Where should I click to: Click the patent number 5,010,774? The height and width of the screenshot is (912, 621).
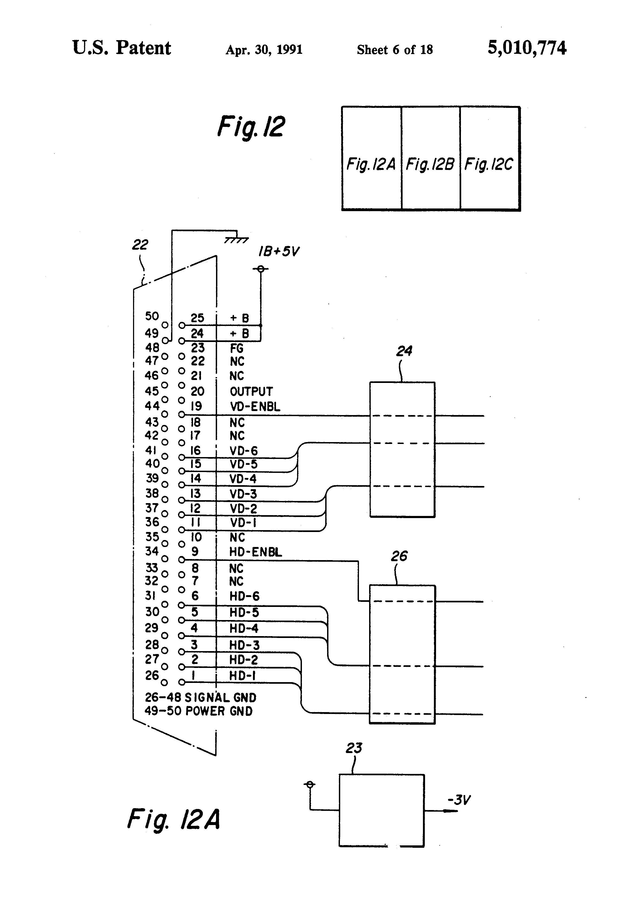(x=527, y=48)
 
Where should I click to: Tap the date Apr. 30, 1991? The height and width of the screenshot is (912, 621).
(x=264, y=50)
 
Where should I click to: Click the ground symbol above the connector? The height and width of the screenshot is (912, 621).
(x=236, y=240)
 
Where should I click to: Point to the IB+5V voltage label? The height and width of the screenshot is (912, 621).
(x=279, y=252)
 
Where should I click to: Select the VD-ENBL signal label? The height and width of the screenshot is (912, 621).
(x=255, y=406)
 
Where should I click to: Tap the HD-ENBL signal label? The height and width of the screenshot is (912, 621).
(x=255, y=552)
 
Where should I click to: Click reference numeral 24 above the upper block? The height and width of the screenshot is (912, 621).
(x=404, y=351)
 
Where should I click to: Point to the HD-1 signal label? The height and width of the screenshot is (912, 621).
(x=243, y=675)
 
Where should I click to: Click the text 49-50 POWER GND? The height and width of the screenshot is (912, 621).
(x=199, y=711)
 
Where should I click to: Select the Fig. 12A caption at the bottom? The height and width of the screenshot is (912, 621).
(x=173, y=819)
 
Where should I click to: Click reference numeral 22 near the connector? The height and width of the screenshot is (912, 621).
(x=140, y=245)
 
